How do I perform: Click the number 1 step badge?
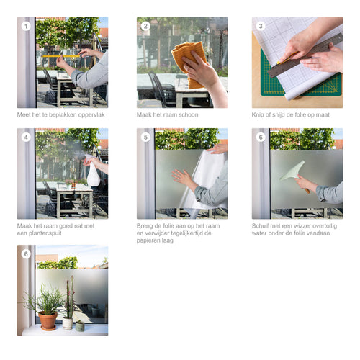click(x=26, y=26)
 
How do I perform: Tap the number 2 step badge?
click(x=145, y=26)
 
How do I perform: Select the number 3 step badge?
click(x=261, y=26)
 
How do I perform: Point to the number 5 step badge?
click(x=145, y=137)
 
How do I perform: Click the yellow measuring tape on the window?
click(x=60, y=55)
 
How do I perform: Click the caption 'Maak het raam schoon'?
click(x=167, y=114)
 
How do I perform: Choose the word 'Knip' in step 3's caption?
click(x=259, y=114)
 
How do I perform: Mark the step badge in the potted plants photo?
click(x=26, y=253)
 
